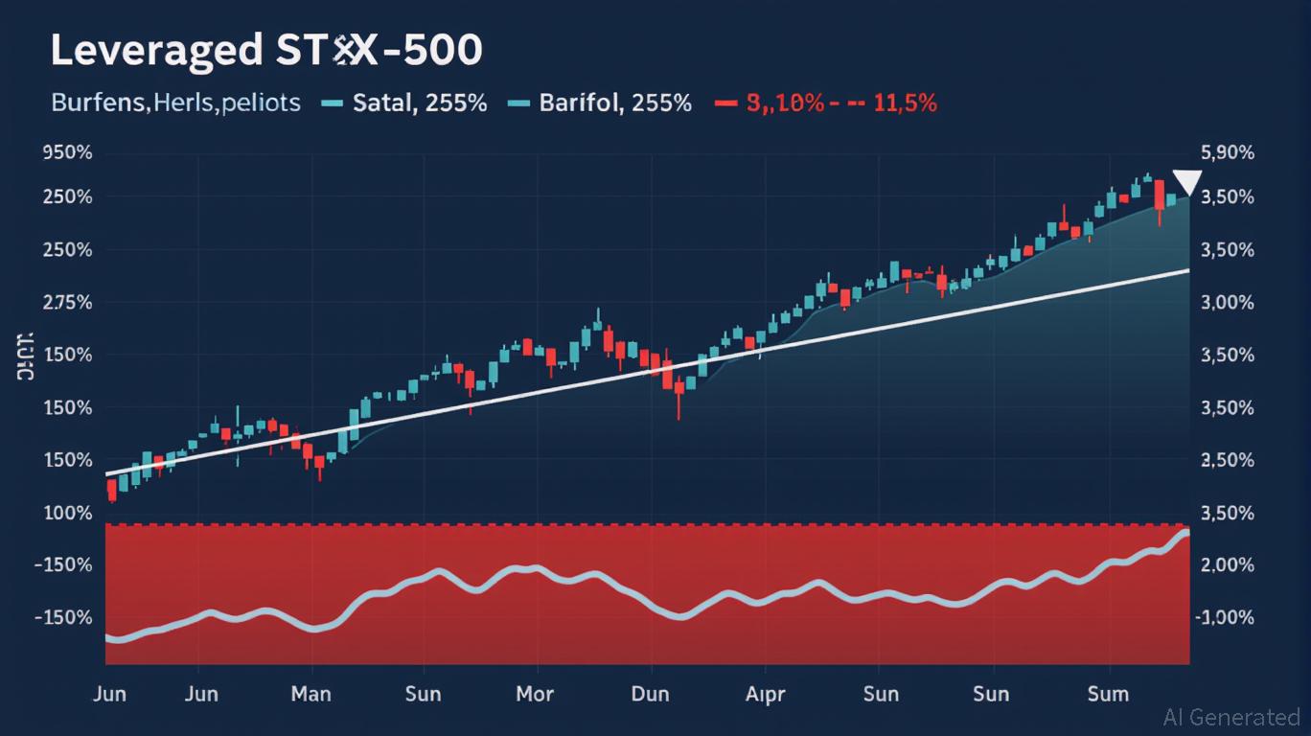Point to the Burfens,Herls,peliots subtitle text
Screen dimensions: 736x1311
coord(175,103)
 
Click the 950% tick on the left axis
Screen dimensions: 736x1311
coord(68,153)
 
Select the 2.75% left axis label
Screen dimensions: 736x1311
coord(68,303)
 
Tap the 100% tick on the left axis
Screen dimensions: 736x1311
coord(68,513)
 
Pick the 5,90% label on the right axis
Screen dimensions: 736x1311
coord(1227,153)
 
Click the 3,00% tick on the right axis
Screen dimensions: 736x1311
coord(1227,303)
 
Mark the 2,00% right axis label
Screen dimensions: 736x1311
coord(1227,565)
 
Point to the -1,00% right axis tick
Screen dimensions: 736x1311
coord(1224,617)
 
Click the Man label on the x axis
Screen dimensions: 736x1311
coord(310,694)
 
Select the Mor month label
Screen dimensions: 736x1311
coord(535,694)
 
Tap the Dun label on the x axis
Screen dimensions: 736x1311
coord(650,694)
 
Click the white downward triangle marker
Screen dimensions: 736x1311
coord(1187,181)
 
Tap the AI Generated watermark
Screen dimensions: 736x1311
coord(1231,717)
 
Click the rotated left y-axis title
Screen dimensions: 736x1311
coord(25,355)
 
